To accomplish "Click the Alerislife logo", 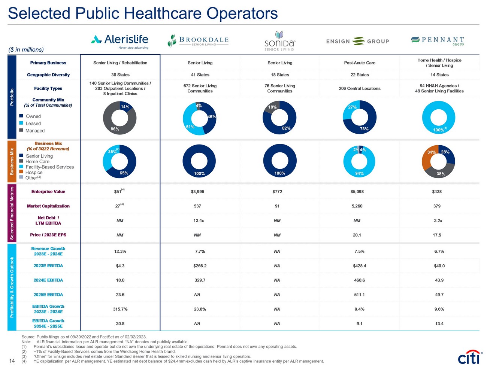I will (x=120, y=41).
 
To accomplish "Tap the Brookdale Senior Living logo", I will (x=198, y=41).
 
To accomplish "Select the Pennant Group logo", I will (x=438, y=41).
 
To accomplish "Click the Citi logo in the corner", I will (x=469, y=357).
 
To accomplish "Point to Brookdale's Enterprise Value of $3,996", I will (x=197, y=192).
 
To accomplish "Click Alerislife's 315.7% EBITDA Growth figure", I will (x=120, y=309).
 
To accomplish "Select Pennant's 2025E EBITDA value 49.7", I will (x=439, y=295).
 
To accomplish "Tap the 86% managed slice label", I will (x=115, y=129).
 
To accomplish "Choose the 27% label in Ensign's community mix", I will (x=352, y=107).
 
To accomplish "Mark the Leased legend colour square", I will (x=21, y=123).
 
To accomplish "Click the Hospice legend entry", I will (x=34, y=173).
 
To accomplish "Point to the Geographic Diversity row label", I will (x=48, y=75).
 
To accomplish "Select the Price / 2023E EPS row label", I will (x=48, y=235).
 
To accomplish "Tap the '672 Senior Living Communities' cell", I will (x=200, y=88).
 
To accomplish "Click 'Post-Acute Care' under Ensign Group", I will (x=360, y=63).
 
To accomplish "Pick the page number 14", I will (x=12, y=361).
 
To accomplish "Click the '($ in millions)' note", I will (x=26, y=50).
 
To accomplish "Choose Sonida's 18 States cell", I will (x=280, y=75).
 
